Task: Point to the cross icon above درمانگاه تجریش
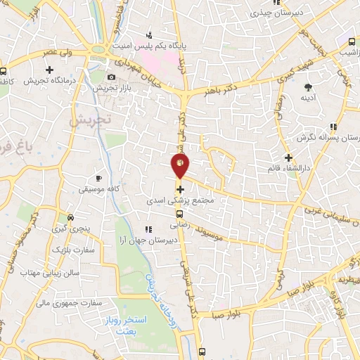coord(50,69)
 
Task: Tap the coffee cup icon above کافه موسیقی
coord(98,178)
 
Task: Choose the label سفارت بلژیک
coord(78,250)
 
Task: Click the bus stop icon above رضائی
coord(180,214)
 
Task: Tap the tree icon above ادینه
coord(307,87)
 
